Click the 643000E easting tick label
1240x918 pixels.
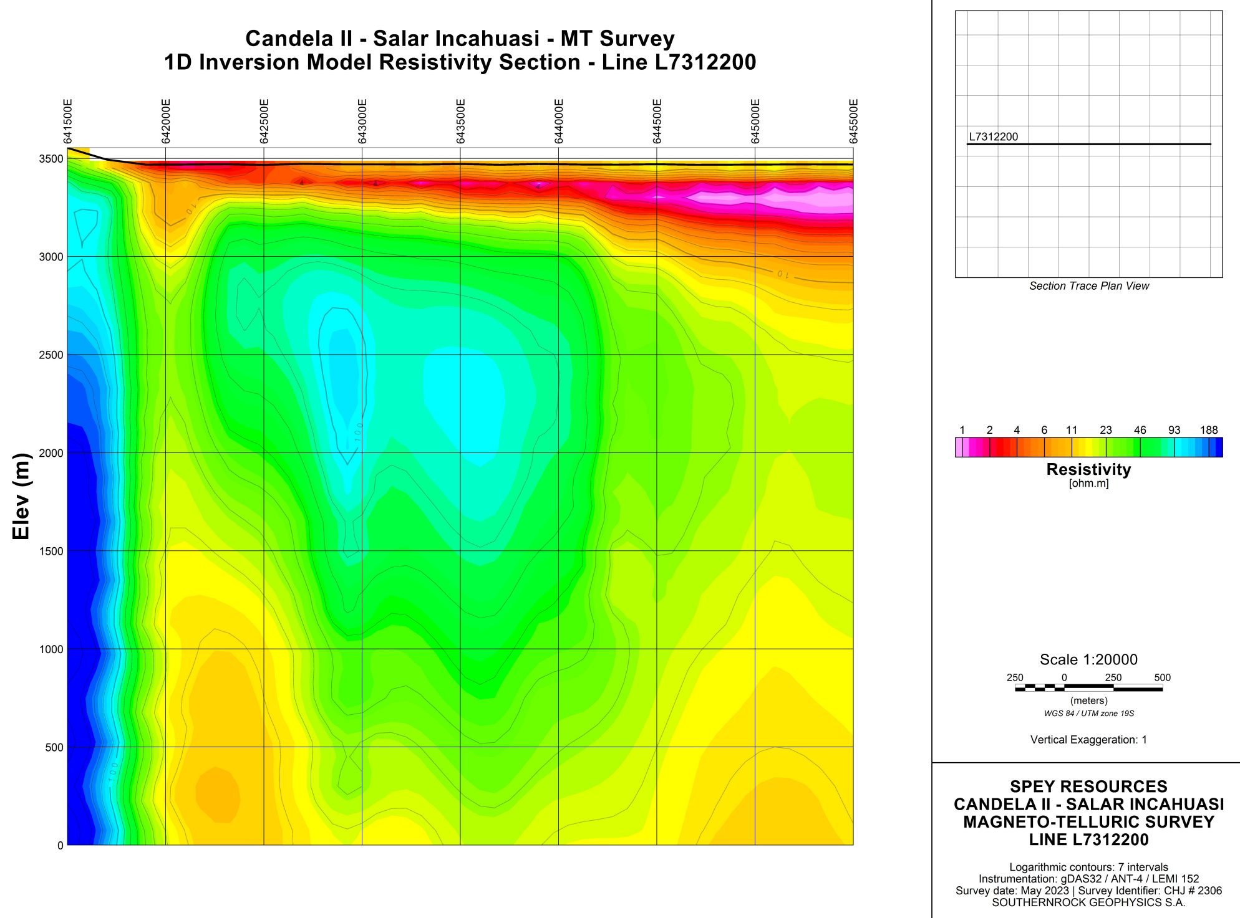point(362,122)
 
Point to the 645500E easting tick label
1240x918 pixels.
point(854,122)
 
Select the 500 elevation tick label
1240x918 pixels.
point(54,747)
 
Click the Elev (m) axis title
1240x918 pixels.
point(21,496)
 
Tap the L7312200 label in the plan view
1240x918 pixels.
point(993,137)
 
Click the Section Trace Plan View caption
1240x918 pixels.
point(1088,286)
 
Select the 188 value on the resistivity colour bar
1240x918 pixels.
point(1208,430)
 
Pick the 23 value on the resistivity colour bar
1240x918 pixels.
point(1106,430)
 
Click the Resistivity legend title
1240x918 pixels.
point(1088,469)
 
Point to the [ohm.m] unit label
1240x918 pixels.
point(1088,484)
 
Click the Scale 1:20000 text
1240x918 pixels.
point(1088,659)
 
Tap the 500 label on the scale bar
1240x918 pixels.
point(1162,677)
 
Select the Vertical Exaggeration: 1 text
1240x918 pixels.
point(1088,740)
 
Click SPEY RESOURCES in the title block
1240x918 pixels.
point(1088,787)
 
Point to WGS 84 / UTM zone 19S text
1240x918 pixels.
point(1088,714)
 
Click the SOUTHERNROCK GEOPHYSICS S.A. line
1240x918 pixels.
point(1088,902)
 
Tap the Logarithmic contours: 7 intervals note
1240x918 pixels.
point(1088,867)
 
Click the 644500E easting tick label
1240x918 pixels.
point(657,122)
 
